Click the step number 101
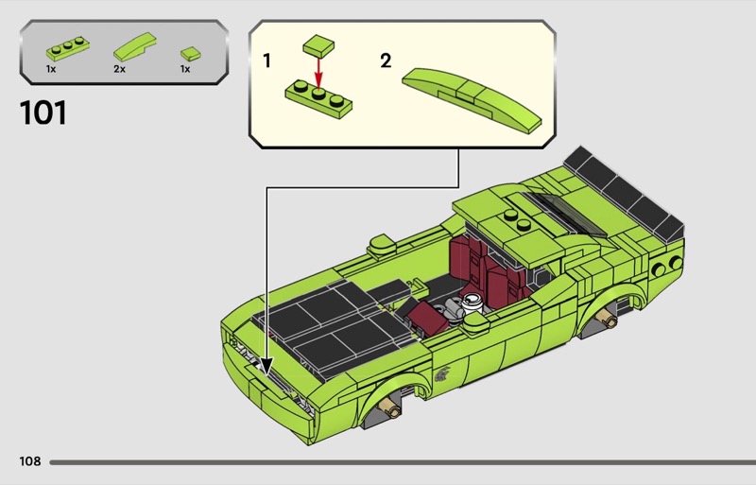tap(43, 113)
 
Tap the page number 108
tap(30, 461)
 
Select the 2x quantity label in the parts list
tap(120, 69)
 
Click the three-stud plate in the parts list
tap(67, 48)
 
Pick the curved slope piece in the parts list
tap(135, 47)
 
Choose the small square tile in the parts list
tap(191, 53)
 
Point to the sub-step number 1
tap(266, 61)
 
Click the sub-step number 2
tap(386, 61)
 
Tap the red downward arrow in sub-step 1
tap(318, 73)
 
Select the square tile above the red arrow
tap(318, 45)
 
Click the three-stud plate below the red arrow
tap(318, 98)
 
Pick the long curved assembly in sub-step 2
tap(472, 99)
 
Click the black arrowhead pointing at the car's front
tap(266, 366)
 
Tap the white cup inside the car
tap(471, 303)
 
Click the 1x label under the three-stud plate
tap(51, 69)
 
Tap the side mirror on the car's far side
tap(381, 244)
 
